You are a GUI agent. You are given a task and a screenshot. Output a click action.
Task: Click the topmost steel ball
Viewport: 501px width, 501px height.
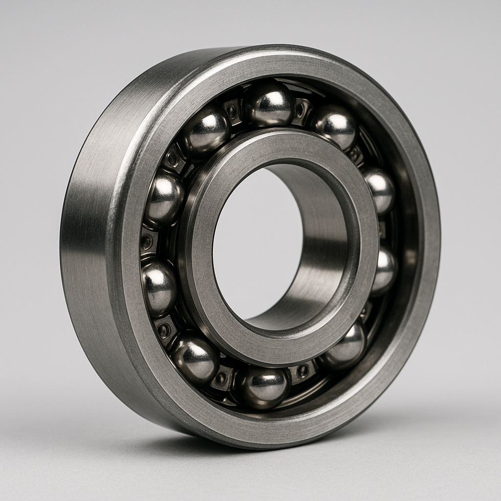coord(269,104)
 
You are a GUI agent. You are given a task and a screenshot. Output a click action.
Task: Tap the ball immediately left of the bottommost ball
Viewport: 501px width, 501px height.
coord(195,357)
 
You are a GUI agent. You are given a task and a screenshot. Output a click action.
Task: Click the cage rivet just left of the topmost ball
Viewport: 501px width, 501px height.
coord(231,112)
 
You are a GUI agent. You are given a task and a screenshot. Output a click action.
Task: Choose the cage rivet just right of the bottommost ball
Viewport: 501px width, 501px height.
coord(302,370)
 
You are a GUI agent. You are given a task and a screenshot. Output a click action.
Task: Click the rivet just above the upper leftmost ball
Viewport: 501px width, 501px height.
coord(172,159)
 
